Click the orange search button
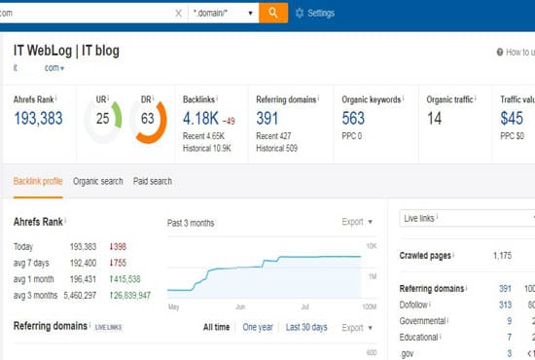[273, 13]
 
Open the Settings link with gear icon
[314, 13]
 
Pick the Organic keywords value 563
[353, 119]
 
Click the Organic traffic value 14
[434, 119]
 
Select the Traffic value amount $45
[513, 119]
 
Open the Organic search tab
[98, 180]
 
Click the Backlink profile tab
[39, 180]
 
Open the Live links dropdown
[467, 220]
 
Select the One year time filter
[257, 327]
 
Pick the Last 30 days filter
[306, 327]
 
